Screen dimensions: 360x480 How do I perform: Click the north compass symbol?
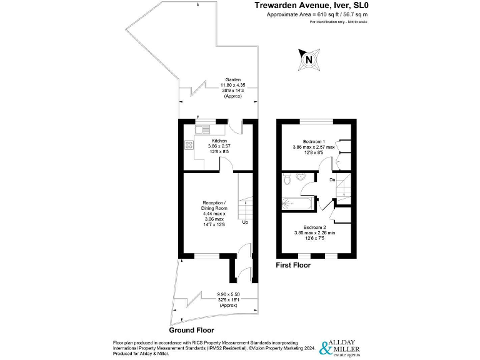(x=308, y=59)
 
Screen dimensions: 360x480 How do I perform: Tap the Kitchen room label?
(x=219, y=141)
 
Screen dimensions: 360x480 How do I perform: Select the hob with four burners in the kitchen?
(x=188, y=145)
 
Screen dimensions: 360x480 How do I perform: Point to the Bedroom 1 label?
(x=315, y=141)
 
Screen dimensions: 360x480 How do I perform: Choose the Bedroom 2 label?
(x=315, y=227)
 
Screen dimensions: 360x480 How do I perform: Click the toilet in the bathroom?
(x=286, y=180)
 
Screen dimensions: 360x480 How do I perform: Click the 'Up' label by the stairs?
(x=245, y=222)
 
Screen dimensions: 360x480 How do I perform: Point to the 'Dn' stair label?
(x=332, y=180)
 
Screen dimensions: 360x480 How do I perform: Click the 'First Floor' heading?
(x=293, y=265)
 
